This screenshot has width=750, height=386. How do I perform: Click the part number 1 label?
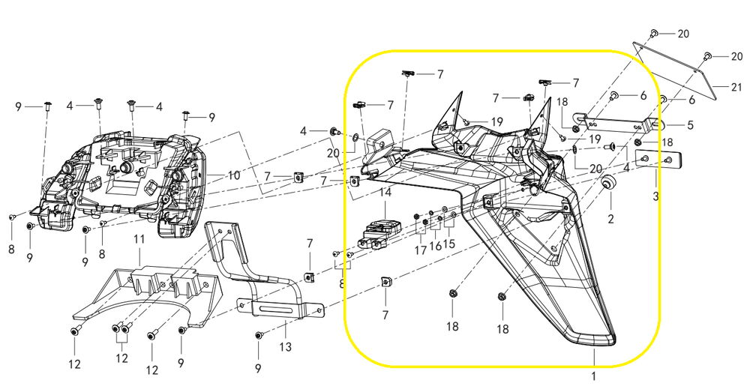[593, 376]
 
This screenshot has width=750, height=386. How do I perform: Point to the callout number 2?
[610, 220]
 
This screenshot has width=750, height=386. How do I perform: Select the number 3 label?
[655, 196]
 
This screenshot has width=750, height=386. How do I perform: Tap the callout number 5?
[690, 126]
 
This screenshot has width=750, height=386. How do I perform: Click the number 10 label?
[234, 175]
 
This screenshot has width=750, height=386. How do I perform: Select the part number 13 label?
[285, 347]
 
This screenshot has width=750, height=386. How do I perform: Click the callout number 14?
[385, 193]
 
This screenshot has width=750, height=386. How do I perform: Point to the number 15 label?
[449, 244]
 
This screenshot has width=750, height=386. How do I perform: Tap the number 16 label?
[435, 246]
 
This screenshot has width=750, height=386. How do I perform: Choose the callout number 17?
[421, 250]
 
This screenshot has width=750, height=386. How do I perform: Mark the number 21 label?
[736, 88]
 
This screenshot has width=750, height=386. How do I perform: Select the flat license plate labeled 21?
[674, 70]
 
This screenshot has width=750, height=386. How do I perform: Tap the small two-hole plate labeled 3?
[658, 158]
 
